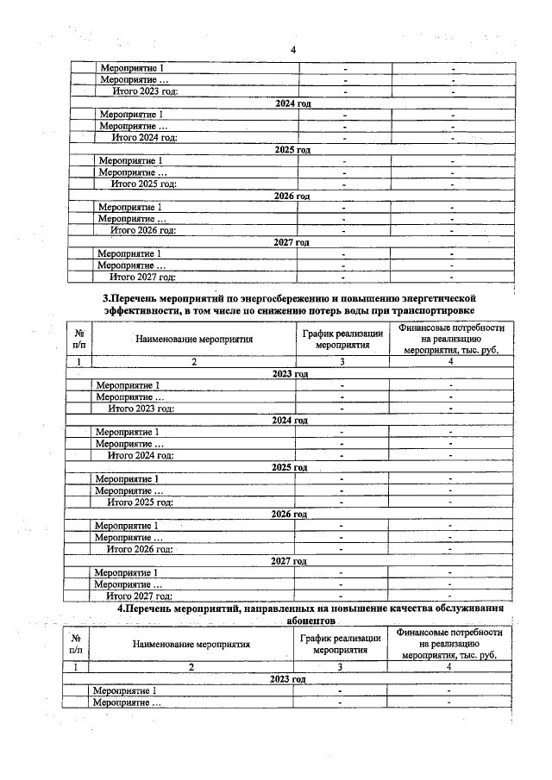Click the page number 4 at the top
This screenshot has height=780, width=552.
293,49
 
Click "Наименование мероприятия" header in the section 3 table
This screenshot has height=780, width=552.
194,339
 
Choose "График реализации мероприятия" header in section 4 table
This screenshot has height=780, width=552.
340,643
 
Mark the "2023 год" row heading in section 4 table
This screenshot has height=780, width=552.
288,679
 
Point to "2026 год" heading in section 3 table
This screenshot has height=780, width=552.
289,514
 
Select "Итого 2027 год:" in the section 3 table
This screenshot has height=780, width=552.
139,595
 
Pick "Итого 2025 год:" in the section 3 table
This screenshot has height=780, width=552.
140,502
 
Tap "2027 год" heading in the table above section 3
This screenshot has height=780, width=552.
291,243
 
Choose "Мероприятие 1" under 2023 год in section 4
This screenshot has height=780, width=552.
125,690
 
